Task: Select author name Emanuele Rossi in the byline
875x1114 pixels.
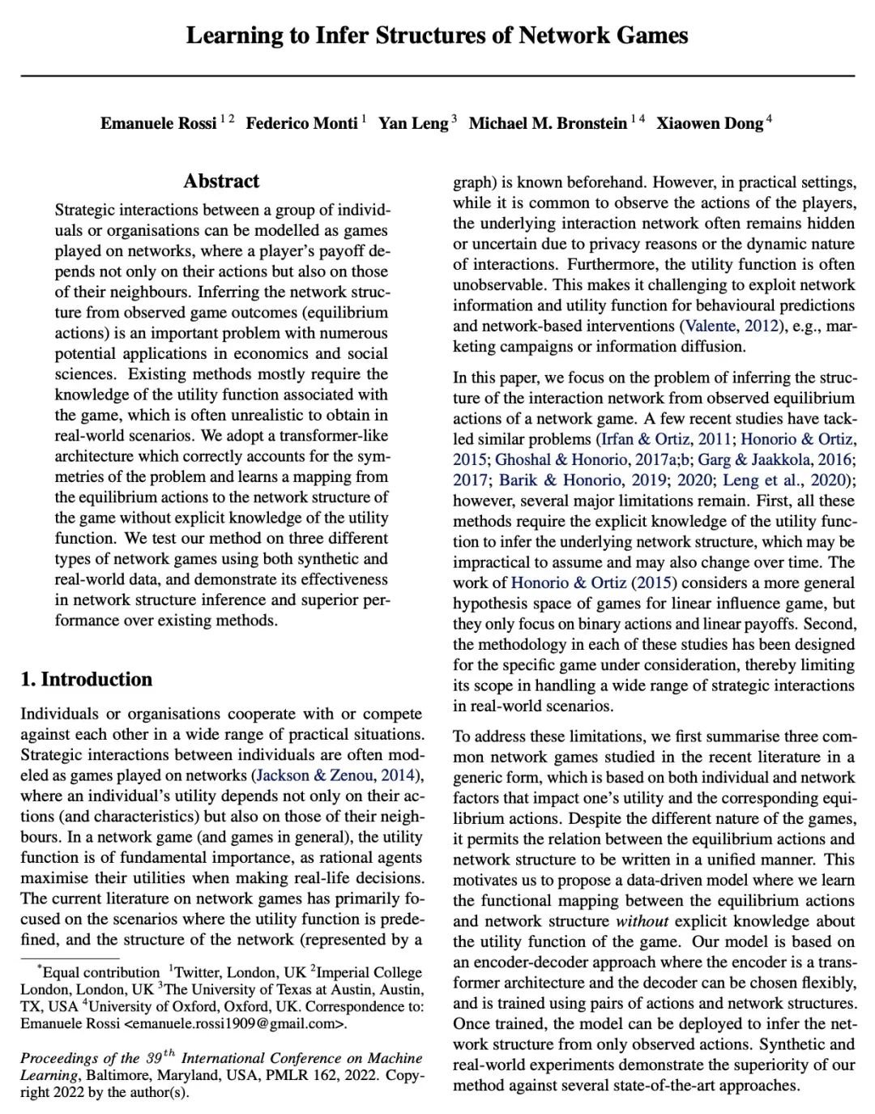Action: pyautogui.click(x=158, y=123)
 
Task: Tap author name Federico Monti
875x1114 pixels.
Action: pyautogui.click(x=301, y=123)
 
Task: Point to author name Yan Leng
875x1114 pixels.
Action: pyautogui.click(x=413, y=123)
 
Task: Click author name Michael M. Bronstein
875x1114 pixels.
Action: pyautogui.click(x=548, y=123)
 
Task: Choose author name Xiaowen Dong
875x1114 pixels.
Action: pyautogui.click(x=710, y=123)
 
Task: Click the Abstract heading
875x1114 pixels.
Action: pyautogui.click(x=221, y=181)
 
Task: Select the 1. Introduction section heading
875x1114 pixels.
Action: pyautogui.click(x=87, y=679)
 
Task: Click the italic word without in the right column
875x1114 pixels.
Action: pyautogui.click(x=642, y=921)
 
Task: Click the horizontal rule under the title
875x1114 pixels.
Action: pyautogui.click(x=437, y=76)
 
